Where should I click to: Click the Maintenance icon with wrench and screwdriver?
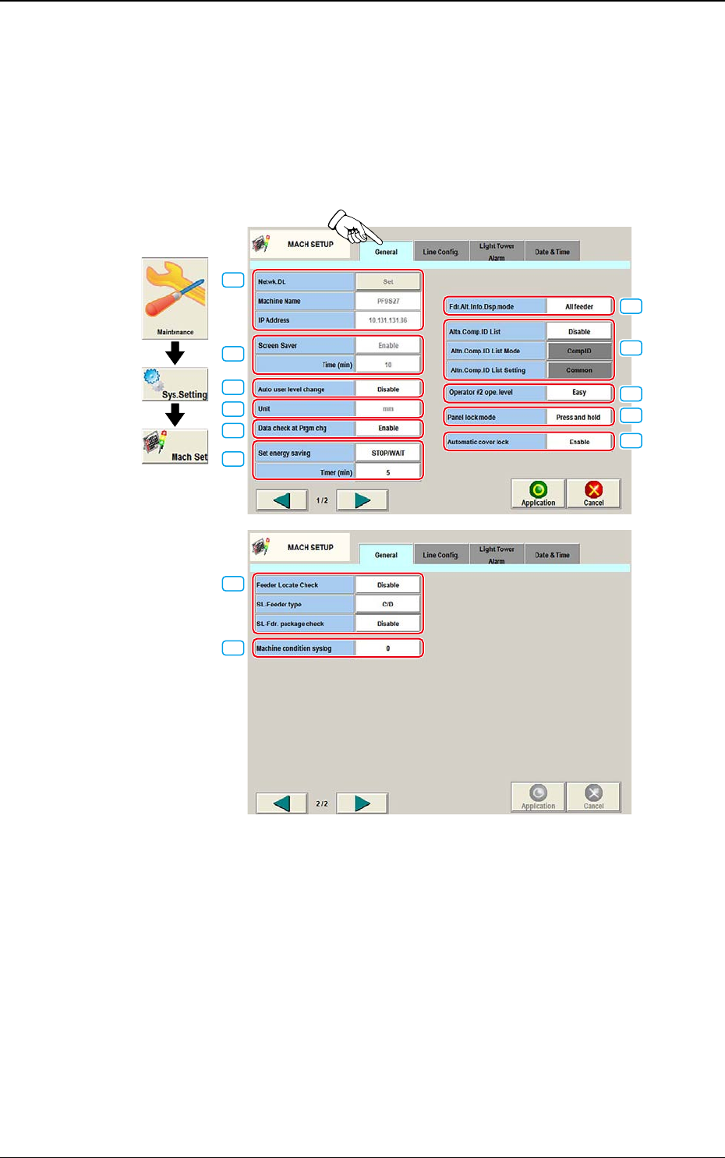tap(175, 298)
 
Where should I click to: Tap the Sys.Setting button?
tap(175, 385)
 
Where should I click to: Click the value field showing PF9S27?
tap(388, 301)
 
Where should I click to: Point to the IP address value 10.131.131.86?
tap(388, 320)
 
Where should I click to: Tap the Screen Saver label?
tap(304, 346)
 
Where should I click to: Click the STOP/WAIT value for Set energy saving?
tap(388, 453)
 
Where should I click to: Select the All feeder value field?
tap(579, 307)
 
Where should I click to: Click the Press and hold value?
tap(578, 417)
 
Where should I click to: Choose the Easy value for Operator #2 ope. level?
tap(579, 392)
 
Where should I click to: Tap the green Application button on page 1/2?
tap(538, 493)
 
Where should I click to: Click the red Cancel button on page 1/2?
tap(594, 493)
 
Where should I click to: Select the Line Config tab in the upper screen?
tap(440, 252)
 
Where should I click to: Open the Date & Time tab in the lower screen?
tap(552, 555)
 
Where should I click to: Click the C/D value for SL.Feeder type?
tap(388, 604)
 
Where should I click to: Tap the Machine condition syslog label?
tap(304, 648)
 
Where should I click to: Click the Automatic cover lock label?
tap(495, 442)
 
